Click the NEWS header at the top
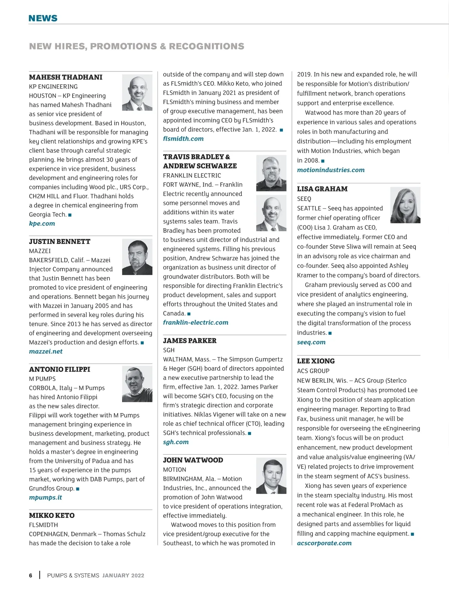[x=43, y=18]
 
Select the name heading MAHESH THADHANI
[x=65, y=77]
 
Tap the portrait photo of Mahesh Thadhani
[x=137, y=92]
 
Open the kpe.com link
[x=42, y=223]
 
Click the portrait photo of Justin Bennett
[x=137, y=257]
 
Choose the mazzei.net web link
[x=46, y=351]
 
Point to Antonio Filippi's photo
[x=137, y=384]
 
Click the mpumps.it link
[x=45, y=497]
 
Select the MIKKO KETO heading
[x=52, y=515]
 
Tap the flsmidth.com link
[x=183, y=138]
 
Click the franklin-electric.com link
[x=195, y=322]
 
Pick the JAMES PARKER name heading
[x=190, y=341]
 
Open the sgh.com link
[x=176, y=442]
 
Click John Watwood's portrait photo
[x=271, y=476]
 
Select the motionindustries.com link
[x=331, y=170]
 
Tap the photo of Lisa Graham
[x=405, y=205]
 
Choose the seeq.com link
[x=311, y=342]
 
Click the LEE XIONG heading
[x=316, y=361]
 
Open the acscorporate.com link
[x=324, y=543]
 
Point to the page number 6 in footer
[x=31, y=576]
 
